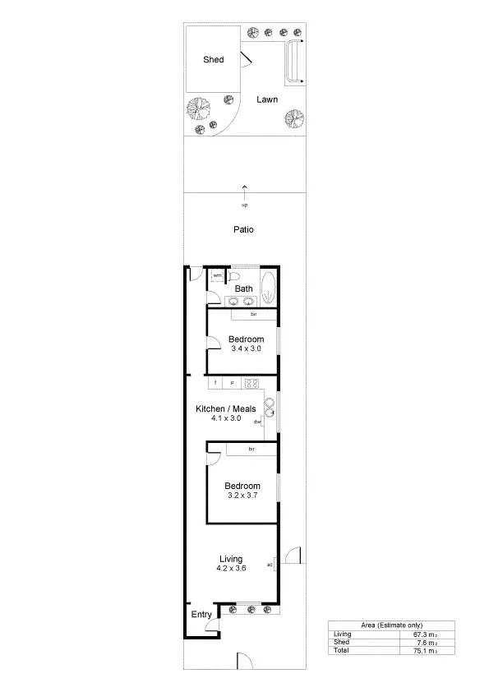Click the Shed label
(214, 60)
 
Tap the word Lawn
(266, 99)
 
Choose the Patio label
(243, 229)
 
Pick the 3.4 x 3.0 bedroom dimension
(245, 348)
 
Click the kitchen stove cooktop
(252, 383)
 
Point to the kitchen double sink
(269, 406)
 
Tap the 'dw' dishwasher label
(257, 422)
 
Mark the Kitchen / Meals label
(225, 408)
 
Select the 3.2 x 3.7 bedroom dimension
(243, 496)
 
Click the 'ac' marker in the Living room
(269, 564)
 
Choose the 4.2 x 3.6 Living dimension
(231, 568)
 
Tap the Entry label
(201, 614)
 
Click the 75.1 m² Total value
(423, 650)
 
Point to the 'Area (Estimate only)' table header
(382, 625)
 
